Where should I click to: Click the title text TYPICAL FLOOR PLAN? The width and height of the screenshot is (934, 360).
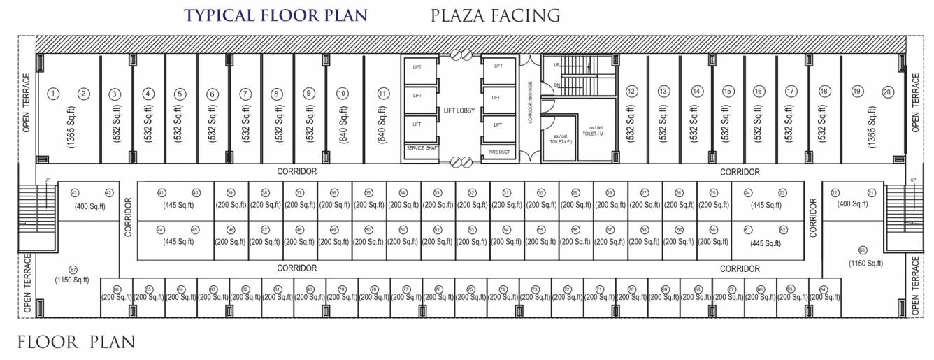(275, 15)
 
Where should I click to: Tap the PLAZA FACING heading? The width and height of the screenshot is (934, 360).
(496, 15)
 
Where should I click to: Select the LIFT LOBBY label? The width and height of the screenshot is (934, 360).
(459, 110)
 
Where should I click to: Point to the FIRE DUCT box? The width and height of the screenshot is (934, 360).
(498, 150)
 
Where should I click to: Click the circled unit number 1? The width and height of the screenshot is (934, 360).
(52, 93)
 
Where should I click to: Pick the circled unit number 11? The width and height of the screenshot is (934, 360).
(382, 93)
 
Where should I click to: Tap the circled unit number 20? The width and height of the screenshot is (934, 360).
(887, 92)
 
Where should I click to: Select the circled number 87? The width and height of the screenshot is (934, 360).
(72, 270)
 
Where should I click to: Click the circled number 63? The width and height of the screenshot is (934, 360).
(862, 250)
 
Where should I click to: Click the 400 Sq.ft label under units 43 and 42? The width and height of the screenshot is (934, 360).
(90, 206)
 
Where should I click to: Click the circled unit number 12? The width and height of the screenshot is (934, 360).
(631, 91)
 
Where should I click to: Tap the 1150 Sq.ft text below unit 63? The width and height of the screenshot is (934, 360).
(865, 264)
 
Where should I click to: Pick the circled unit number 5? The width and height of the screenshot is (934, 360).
(180, 93)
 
